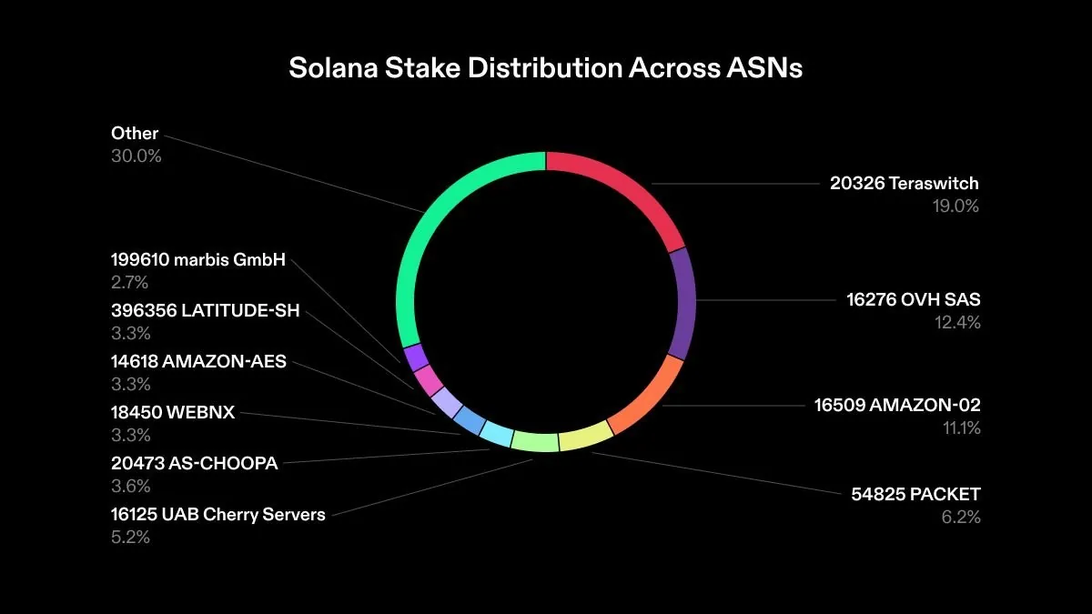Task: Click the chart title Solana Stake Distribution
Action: [545, 68]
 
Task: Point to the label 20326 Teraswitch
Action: [904, 184]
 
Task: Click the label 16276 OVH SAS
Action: [914, 299]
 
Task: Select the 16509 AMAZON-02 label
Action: [897, 406]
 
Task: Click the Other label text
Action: [135, 133]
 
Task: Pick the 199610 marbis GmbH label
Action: [198, 260]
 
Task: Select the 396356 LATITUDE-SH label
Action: [205, 311]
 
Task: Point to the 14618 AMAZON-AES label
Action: [198, 361]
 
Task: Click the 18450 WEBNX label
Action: [173, 412]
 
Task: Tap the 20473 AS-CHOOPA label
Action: [194, 463]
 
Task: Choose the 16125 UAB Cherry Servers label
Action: [217, 514]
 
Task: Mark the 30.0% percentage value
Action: [136, 156]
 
